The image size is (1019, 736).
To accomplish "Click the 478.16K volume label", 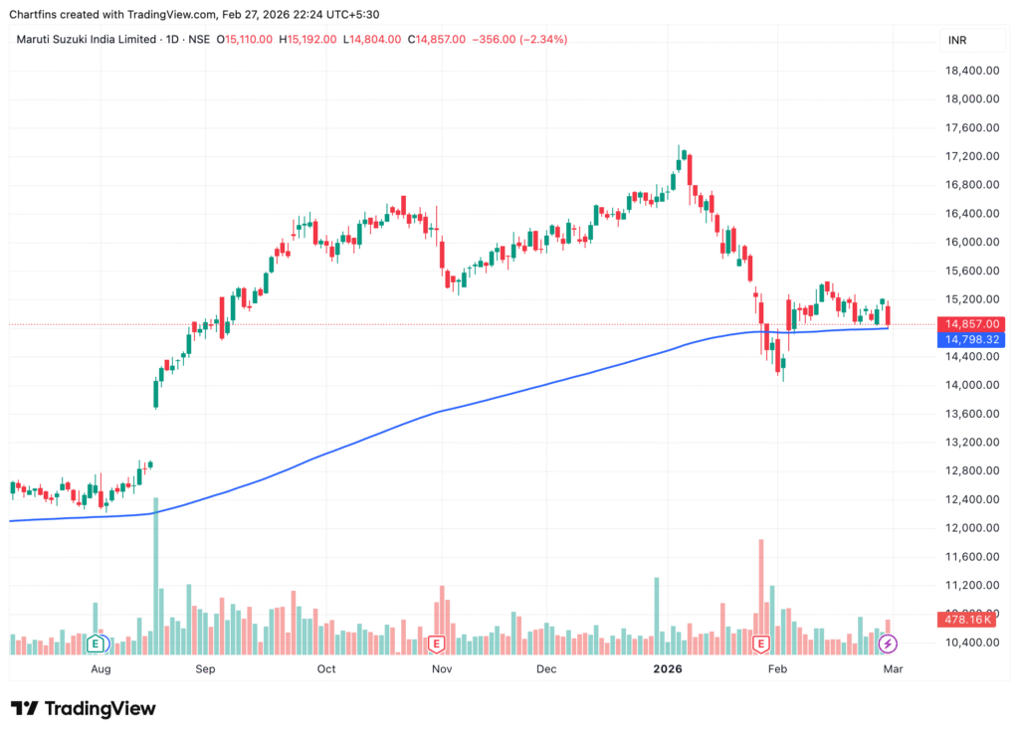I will [x=969, y=620].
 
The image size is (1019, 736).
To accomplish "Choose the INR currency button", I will [x=958, y=40].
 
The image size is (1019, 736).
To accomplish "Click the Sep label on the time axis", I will [x=205, y=669].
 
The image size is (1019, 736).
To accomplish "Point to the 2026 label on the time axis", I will [x=667, y=669].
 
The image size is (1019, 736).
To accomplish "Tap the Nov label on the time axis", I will [x=442, y=669].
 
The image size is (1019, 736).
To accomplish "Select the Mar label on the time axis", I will [x=893, y=669].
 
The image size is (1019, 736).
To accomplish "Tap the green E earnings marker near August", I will [x=97, y=643].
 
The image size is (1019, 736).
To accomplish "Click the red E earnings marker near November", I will [x=436, y=644].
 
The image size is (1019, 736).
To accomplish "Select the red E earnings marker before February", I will [x=761, y=644].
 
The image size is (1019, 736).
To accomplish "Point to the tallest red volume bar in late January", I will [x=761, y=592].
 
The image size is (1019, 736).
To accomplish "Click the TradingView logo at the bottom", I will [x=85, y=708].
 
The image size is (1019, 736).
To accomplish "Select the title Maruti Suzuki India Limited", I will [x=87, y=40].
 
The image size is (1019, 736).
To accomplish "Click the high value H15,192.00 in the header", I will [x=306, y=40].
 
